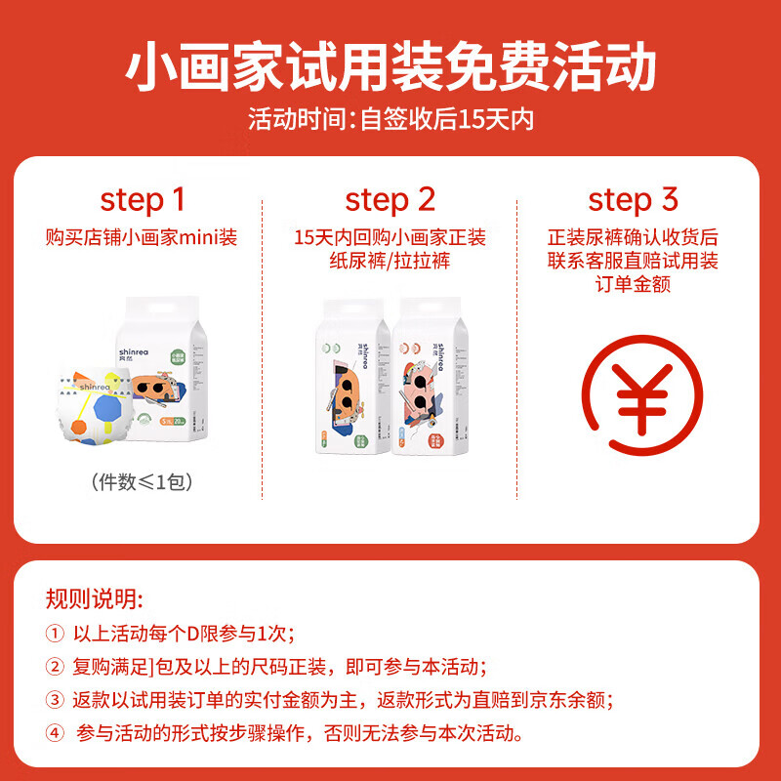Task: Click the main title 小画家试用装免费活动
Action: coord(390,66)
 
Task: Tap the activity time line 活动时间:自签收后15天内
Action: coord(390,120)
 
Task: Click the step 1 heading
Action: coord(143,200)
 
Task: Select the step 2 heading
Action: coord(390,200)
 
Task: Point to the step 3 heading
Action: coord(633,200)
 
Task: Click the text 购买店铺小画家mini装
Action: coord(143,237)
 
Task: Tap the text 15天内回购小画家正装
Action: coord(390,237)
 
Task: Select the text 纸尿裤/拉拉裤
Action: coord(390,262)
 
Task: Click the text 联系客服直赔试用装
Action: coord(633,262)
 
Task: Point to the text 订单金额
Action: coord(633,286)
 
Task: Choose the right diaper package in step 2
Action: coord(429,381)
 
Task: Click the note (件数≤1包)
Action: coord(143,480)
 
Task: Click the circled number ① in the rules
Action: coord(55,634)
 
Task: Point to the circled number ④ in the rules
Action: coord(55,733)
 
